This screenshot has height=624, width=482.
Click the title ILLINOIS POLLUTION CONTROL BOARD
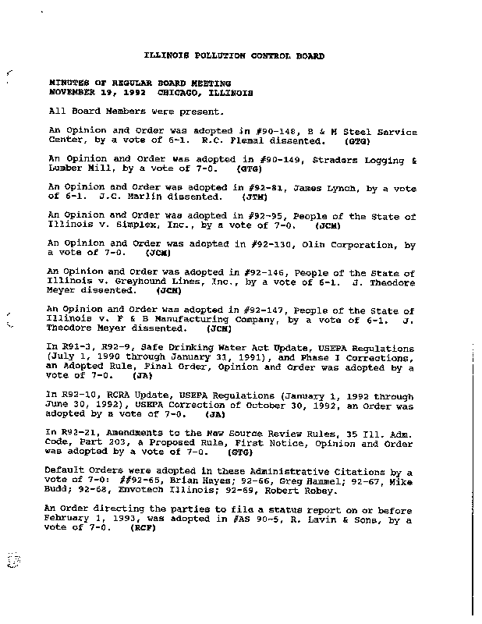pyautogui.click(x=236, y=56)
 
